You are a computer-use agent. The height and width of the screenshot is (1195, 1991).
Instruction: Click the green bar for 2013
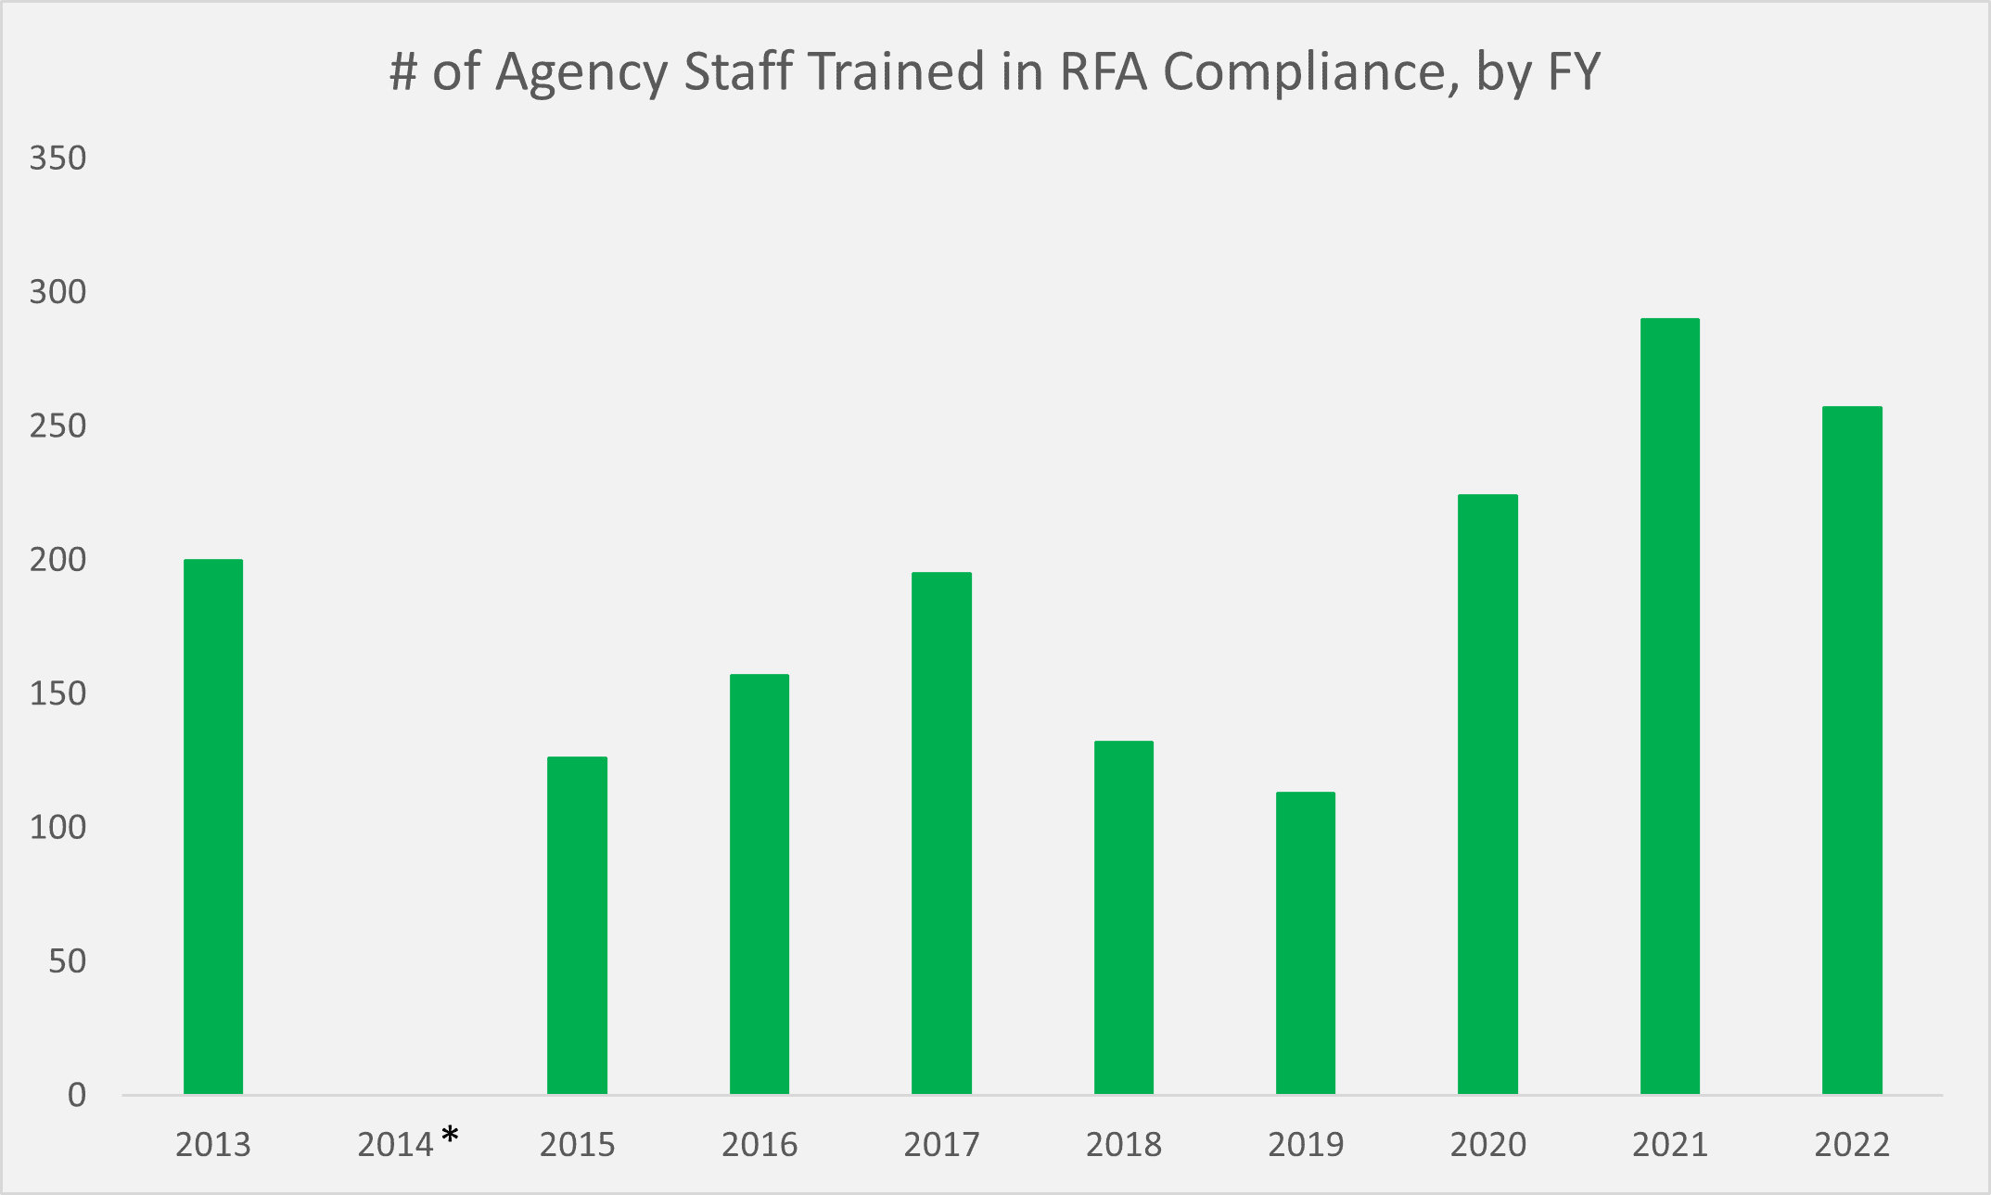(213, 826)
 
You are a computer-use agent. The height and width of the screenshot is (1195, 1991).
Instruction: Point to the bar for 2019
(1305, 943)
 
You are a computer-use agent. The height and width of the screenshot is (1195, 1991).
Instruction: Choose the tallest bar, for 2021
(1669, 706)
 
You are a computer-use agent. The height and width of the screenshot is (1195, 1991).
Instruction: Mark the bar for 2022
(1852, 750)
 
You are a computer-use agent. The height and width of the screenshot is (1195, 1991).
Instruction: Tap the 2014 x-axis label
(395, 1145)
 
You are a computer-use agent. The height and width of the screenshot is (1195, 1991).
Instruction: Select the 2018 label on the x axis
(1123, 1145)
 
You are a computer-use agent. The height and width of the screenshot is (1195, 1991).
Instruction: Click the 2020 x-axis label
(1487, 1145)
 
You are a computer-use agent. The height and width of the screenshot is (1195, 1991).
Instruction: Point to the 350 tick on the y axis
(57, 159)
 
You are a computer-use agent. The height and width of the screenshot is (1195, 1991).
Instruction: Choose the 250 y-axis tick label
(57, 426)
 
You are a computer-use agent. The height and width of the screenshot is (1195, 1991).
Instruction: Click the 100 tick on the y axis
(57, 827)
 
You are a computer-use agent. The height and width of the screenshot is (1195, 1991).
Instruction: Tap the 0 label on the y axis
(77, 1095)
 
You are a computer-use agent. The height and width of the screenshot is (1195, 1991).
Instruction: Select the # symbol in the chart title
(403, 71)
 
